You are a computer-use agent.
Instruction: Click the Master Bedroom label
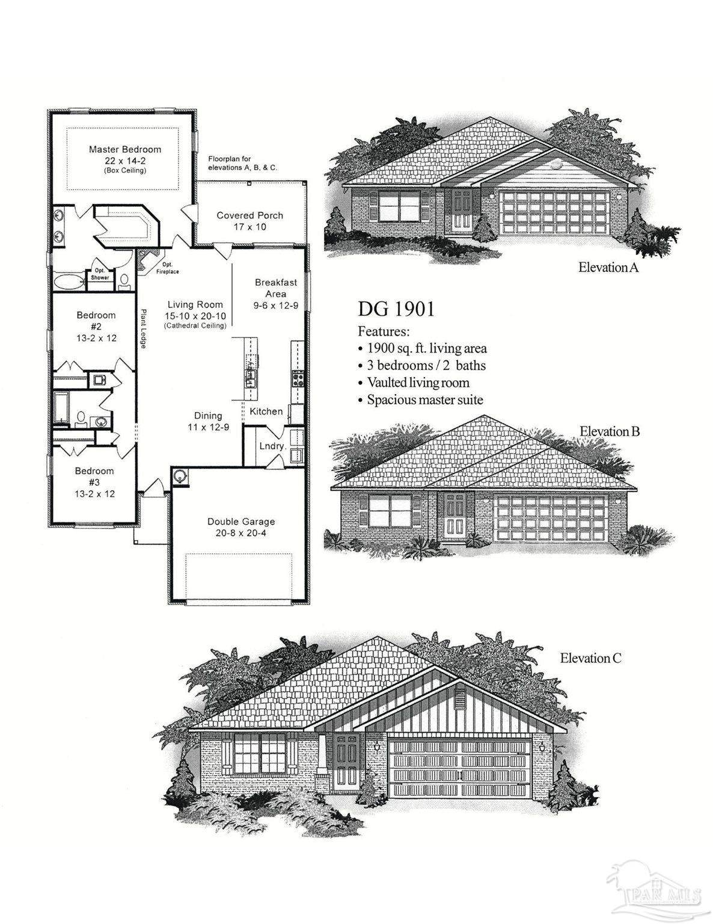[x=125, y=149]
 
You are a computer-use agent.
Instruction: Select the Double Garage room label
[x=241, y=522]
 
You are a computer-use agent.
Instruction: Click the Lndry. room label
[x=272, y=446]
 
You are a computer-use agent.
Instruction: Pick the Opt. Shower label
[x=100, y=274]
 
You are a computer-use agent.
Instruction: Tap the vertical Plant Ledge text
[x=144, y=328]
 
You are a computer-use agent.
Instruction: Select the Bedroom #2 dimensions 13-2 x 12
[x=96, y=338]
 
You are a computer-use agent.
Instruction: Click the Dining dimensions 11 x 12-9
[x=208, y=427]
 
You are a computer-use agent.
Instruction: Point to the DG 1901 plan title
[x=396, y=309]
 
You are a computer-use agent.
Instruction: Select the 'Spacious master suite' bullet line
[x=424, y=399]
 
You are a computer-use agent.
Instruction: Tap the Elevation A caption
[x=608, y=267]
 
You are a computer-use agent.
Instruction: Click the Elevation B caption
[x=610, y=431]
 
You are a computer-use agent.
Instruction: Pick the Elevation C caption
[x=590, y=658]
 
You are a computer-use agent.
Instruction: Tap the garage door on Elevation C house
[x=461, y=768]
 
